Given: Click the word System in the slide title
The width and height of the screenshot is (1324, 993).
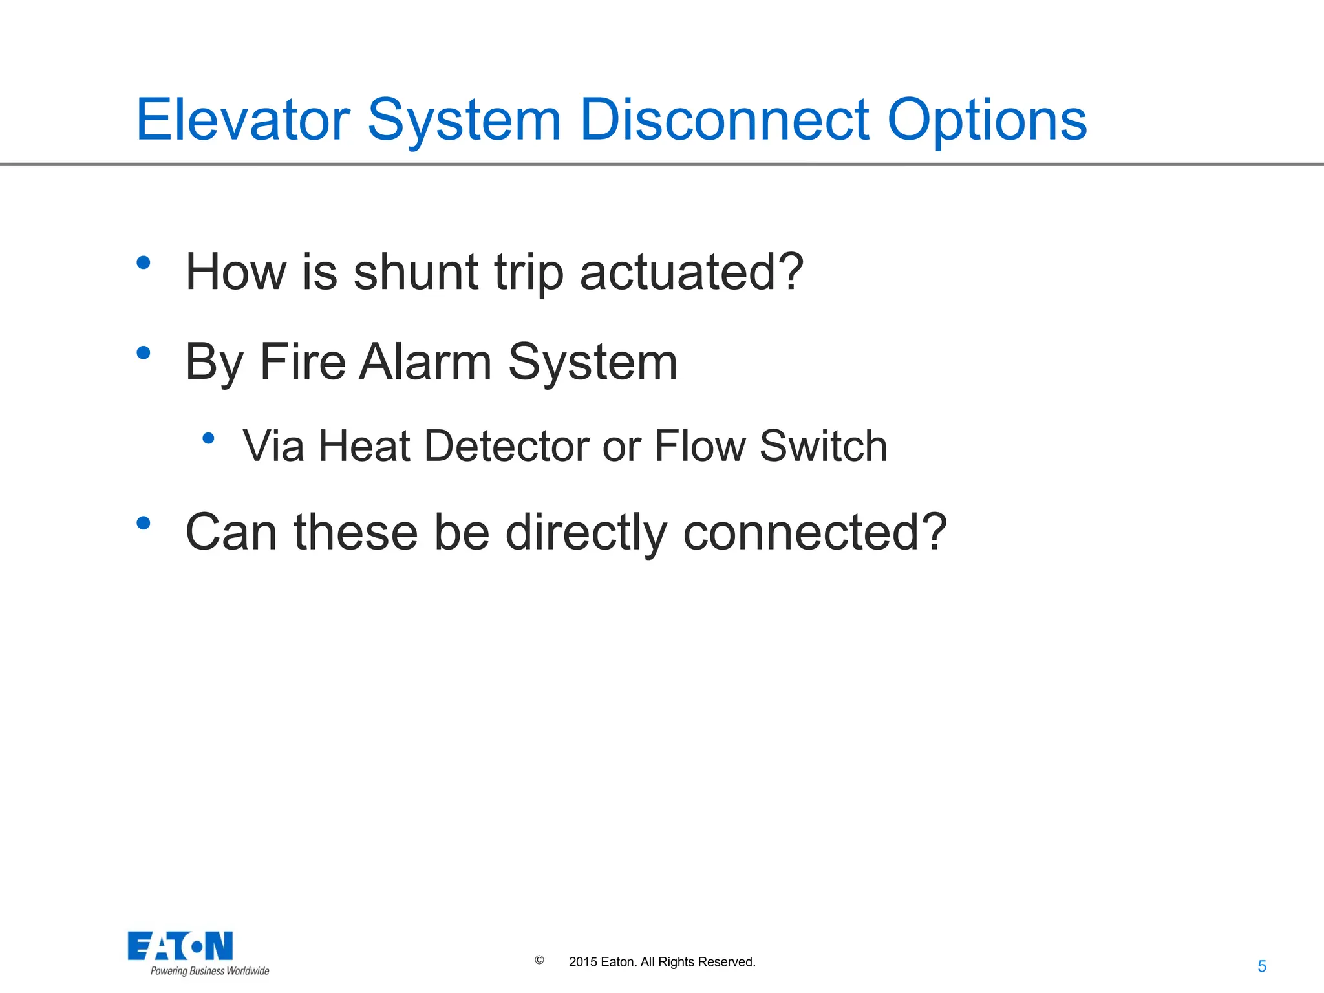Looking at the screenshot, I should (x=464, y=121).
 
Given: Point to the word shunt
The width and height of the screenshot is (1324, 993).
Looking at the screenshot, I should (x=416, y=272).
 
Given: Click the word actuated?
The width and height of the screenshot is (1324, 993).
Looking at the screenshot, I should (x=692, y=272).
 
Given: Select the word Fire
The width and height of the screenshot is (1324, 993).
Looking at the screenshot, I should (x=303, y=362).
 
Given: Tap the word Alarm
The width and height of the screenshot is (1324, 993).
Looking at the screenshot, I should (x=425, y=362).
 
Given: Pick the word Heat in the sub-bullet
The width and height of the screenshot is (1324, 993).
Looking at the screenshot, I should (x=365, y=446).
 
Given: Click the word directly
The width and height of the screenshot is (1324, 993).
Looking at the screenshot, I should (x=586, y=533).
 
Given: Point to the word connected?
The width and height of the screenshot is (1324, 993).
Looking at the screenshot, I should (x=815, y=533).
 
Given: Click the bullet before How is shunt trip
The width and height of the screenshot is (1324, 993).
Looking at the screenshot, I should (x=144, y=262).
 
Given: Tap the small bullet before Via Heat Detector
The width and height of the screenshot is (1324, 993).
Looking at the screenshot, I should (x=208, y=438).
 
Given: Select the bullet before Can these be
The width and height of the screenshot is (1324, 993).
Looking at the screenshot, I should (x=144, y=523).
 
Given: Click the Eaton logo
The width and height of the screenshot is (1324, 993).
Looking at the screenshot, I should (x=180, y=946).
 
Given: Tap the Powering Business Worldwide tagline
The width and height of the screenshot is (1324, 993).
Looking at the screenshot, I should (x=209, y=971).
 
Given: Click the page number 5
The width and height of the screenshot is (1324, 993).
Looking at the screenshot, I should (x=1261, y=966).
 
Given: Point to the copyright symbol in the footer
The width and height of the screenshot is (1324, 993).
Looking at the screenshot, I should (x=539, y=960).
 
